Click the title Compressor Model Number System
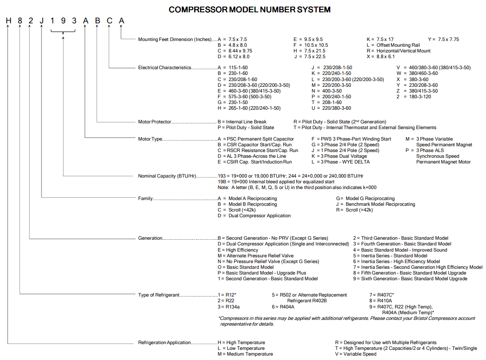(250, 9)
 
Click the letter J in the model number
(41, 21)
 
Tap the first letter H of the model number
(8, 21)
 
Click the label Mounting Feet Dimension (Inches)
(175, 39)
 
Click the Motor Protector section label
(154, 122)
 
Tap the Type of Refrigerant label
(159, 295)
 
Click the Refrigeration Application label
(164, 342)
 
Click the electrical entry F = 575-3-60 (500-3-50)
(244, 96)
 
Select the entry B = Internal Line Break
(242, 122)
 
